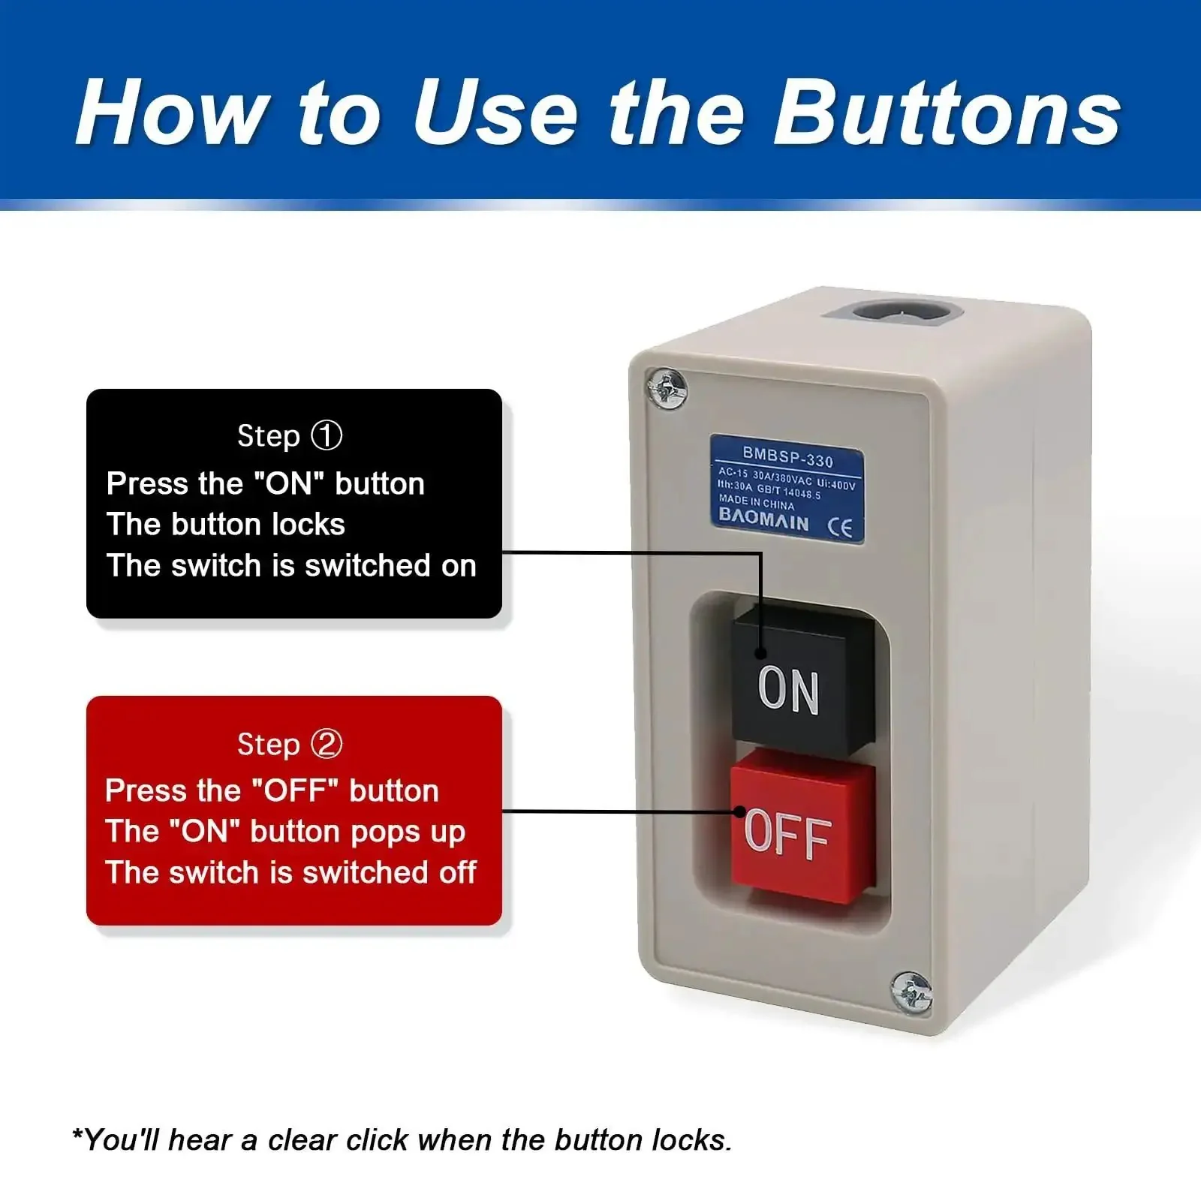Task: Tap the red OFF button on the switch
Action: click(802, 826)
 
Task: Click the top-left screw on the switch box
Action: click(667, 389)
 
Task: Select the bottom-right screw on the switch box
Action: click(911, 992)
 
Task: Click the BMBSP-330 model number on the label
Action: click(787, 456)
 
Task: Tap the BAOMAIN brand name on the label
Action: click(764, 519)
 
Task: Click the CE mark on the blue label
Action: click(840, 528)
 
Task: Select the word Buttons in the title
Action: click(947, 113)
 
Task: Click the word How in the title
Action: click(173, 113)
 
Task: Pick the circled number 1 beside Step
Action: click(327, 435)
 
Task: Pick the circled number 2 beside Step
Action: click(327, 744)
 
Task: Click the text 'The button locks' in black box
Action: click(226, 524)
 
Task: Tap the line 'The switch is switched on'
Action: click(291, 565)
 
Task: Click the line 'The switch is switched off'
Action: click(291, 872)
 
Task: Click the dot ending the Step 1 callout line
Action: click(761, 653)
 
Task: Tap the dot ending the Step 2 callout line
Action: click(739, 811)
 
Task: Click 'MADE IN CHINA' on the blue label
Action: click(756, 501)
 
